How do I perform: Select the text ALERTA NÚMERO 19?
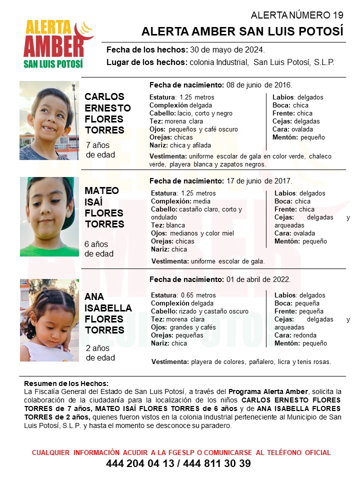click(297, 15)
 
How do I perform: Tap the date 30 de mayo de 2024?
click(227, 50)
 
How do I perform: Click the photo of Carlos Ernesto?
click(49, 120)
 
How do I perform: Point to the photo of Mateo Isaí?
click(49, 216)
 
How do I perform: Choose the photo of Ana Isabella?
click(49, 320)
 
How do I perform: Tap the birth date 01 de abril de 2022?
click(257, 279)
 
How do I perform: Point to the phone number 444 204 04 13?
click(140, 464)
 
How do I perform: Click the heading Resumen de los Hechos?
click(66, 383)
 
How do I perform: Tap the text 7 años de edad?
click(100, 150)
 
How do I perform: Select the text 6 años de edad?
click(99, 249)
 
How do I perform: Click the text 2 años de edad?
click(100, 353)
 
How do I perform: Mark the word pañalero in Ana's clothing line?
click(260, 362)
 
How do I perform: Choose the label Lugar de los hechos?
click(147, 62)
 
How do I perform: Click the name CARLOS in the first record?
click(104, 96)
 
